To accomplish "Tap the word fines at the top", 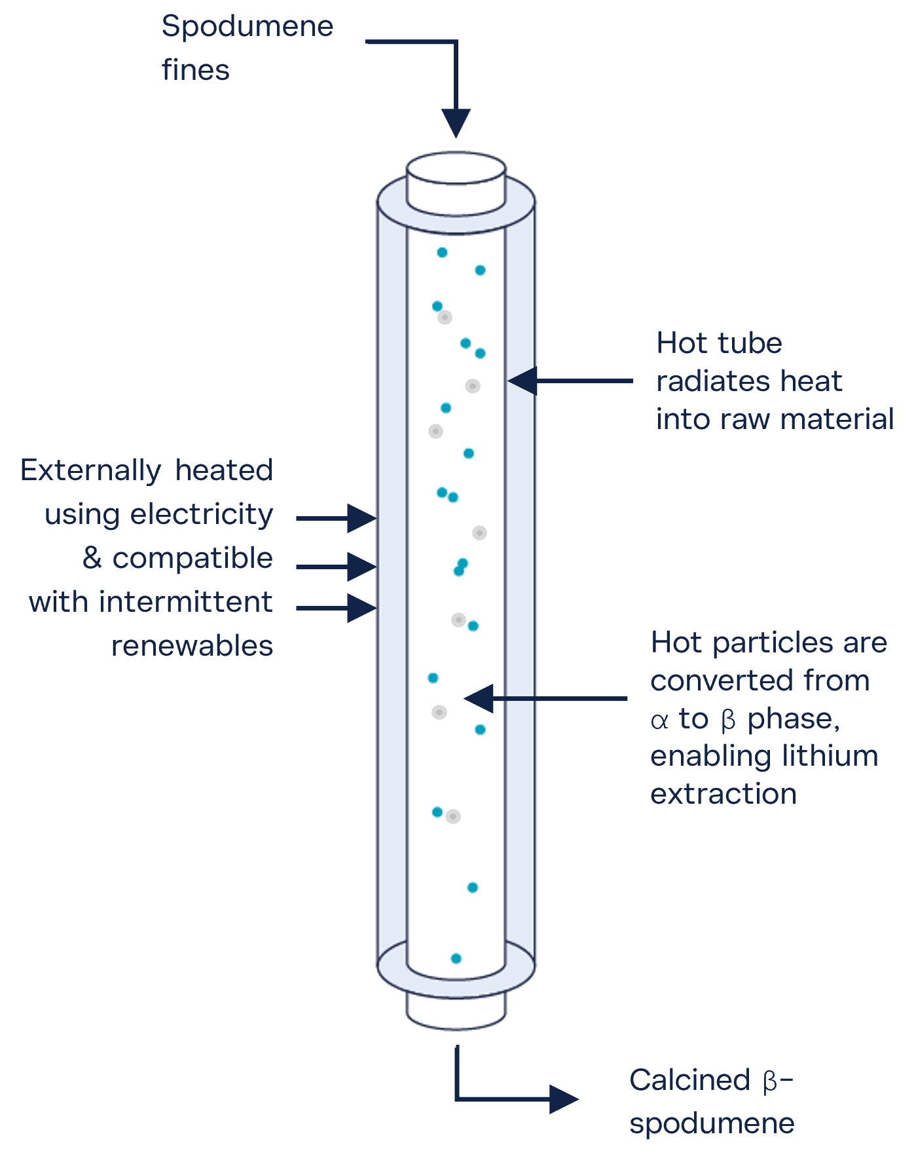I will (x=195, y=70).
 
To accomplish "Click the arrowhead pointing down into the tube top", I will (x=456, y=122).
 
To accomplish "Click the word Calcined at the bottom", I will (x=689, y=1080).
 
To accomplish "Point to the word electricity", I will (x=202, y=515).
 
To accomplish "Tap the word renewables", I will (x=192, y=646).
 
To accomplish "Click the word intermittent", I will (x=186, y=602).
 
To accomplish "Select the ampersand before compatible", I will (x=92, y=558).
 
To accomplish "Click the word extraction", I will (x=724, y=795).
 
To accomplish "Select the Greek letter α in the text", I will (x=659, y=721).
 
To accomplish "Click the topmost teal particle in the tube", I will (x=442, y=252).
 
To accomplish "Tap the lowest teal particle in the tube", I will (x=456, y=958).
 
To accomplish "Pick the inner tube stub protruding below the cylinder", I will (x=456, y=1009).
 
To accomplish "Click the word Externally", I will (x=90, y=471).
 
